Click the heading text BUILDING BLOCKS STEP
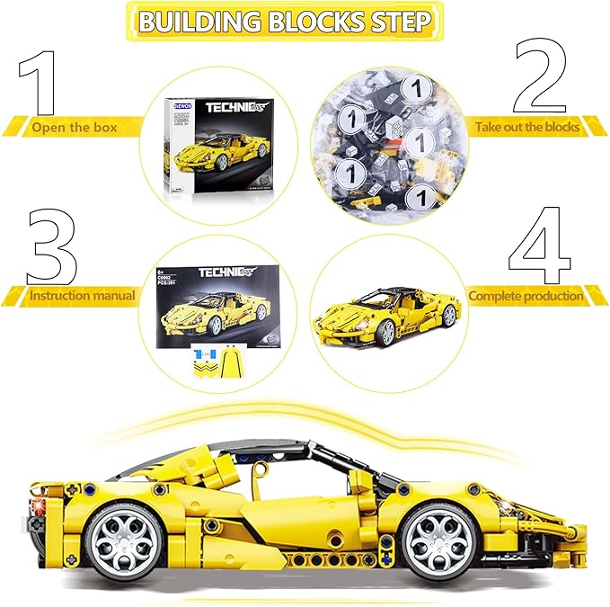(x=284, y=22)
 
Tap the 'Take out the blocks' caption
(x=527, y=127)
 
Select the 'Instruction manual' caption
(x=82, y=294)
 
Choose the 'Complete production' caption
(x=526, y=294)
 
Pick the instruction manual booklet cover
(x=217, y=301)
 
